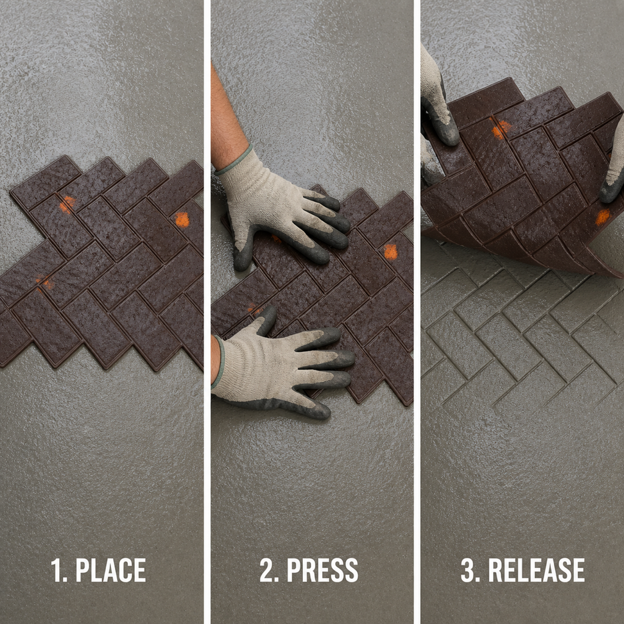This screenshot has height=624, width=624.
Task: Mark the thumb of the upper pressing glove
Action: click(243, 250)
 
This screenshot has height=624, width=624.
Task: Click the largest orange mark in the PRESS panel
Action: click(391, 252)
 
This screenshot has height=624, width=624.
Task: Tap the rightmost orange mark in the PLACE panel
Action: click(182, 219)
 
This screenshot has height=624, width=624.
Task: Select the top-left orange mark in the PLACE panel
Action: click(67, 204)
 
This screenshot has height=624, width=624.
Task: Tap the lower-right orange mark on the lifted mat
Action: click(603, 218)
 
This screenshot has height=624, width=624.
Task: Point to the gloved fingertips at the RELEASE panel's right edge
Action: click(613, 167)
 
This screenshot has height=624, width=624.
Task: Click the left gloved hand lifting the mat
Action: click(438, 104)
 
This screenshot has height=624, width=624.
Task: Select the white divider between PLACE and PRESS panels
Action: click(207, 312)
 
